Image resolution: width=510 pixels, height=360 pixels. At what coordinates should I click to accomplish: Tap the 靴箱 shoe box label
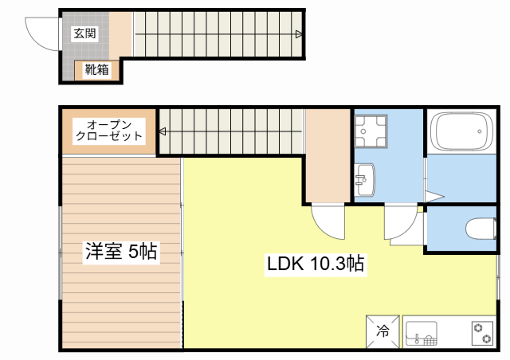(x=97, y=69)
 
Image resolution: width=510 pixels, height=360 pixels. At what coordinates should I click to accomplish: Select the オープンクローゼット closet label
(x=110, y=130)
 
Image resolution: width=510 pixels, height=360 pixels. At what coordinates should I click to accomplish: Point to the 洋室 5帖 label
(x=121, y=252)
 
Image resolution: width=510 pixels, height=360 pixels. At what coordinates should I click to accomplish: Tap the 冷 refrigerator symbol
(x=382, y=331)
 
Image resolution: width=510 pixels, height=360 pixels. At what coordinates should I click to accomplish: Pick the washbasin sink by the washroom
(x=366, y=178)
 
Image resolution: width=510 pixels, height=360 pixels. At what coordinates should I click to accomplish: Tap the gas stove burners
(x=481, y=332)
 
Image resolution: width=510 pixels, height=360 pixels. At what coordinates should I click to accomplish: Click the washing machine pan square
(x=371, y=131)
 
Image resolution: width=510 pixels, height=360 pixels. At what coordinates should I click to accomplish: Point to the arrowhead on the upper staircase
(x=298, y=33)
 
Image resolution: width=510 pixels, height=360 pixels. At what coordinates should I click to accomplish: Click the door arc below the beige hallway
(x=326, y=220)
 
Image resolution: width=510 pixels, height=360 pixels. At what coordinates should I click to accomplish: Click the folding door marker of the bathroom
(x=433, y=196)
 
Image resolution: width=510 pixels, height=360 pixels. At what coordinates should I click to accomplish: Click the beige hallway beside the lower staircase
(x=327, y=155)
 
